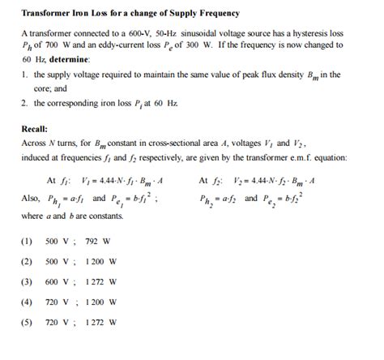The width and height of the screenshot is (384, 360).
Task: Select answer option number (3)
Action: point(27,281)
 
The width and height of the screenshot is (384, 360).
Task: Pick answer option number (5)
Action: point(27,322)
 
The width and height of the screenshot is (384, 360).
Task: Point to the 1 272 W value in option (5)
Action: point(100,322)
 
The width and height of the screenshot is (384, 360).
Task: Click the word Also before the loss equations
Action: point(30,199)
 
